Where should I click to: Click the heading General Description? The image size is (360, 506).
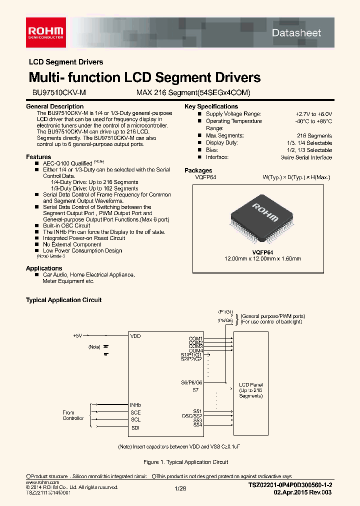click(x=54, y=106)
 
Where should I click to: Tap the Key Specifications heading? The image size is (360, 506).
click(x=211, y=106)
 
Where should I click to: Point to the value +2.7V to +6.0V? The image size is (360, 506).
click(x=313, y=114)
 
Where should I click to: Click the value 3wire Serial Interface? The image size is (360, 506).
click(x=306, y=157)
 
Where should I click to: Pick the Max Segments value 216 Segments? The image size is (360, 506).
click(x=314, y=135)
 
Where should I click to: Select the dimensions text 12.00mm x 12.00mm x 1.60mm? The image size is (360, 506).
click(x=262, y=258)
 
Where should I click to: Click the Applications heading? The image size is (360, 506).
click(x=44, y=268)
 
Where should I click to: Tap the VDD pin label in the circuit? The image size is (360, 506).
click(x=135, y=336)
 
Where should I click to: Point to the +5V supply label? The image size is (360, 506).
click(x=77, y=335)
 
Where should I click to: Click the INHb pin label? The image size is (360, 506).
click(x=135, y=404)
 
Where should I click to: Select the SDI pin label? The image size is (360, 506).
click(x=135, y=427)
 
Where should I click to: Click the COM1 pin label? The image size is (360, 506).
click(x=195, y=338)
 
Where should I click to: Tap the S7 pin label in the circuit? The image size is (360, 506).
click(x=195, y=389)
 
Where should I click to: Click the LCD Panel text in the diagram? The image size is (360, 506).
click(x=250, y=384)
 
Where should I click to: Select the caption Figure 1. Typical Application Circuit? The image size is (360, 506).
click(x=185, y=462)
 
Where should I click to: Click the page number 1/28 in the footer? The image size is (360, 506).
click(x=180, y=488)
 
